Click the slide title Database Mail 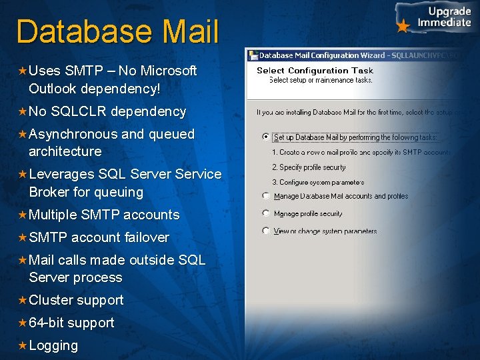tap(117, 31)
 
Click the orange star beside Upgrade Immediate tap(403, 27)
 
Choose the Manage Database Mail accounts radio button tap(267, 196)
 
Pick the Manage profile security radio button tap(267, 213)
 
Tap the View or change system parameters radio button tap(267, 231)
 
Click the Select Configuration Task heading tap(315, 70)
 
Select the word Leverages tap(61, 174)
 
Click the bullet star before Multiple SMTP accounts tap(22, 215)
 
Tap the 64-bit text tap(46, 323)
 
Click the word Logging tap(53, 345)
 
